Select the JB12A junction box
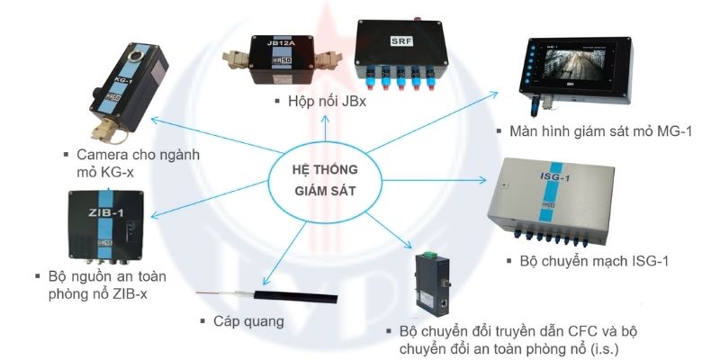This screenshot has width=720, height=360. (282, 59)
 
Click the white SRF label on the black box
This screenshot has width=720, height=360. (401, 41)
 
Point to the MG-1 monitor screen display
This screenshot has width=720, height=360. (574, 65)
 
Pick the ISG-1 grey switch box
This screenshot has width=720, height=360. (551, 200)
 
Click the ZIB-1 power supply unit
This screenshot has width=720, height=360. (106, 226)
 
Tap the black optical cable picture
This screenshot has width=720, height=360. (266, 295)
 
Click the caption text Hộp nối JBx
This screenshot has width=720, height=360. (327, 102)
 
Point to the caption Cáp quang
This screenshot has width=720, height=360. (248, 321)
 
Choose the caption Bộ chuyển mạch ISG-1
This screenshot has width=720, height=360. (594, 261)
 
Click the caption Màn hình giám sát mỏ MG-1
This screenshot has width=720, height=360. (600, 131)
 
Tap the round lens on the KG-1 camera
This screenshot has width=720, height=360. (136, 57)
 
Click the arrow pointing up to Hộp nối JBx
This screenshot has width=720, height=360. (325, 128)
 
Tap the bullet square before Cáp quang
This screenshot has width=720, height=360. (202, 321)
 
